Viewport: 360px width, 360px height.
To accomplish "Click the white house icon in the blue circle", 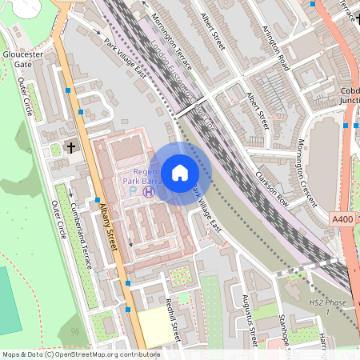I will (180, 173).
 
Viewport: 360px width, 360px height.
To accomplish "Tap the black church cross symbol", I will (70, 148).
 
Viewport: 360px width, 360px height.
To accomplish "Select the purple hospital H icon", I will (148, 191).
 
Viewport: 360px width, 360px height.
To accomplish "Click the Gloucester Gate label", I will (17, 59).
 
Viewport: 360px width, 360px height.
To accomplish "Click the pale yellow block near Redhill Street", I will (154, 328).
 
